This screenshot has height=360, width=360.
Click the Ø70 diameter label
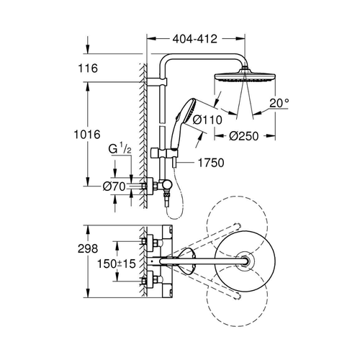point(114,186)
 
